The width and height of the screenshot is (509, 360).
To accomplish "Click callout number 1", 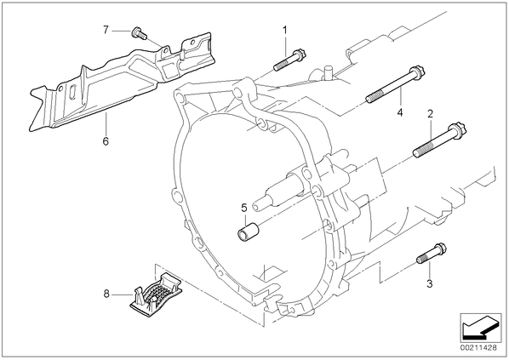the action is click(284, 31).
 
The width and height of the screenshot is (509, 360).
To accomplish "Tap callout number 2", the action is click(430, 114).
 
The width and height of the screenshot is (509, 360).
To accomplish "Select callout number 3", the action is click(430, 283).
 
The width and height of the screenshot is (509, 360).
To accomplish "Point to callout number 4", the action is click(400, 112).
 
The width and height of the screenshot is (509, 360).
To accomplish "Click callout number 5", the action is click(244, 208).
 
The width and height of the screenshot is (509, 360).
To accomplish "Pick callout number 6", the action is click(106, 141).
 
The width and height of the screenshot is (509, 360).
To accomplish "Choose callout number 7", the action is click(106, 30).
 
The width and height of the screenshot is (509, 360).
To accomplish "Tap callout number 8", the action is click(106, 294).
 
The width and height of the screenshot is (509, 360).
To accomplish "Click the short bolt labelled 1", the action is click(290, 60).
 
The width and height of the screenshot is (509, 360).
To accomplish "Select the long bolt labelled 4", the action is click(396, 84).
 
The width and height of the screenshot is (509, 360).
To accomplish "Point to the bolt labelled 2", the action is click(439, 140).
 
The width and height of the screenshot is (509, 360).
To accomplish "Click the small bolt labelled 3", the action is click(432, 254).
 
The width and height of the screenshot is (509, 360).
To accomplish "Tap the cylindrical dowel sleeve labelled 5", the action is click(248, 231).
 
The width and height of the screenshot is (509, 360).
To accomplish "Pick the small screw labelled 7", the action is click(139, 33).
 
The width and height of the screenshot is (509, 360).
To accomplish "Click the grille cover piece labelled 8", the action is click(156, 294).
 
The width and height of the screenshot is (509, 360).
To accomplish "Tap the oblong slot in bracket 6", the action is click(73, 93).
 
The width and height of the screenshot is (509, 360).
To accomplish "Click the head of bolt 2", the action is click(458, 130).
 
